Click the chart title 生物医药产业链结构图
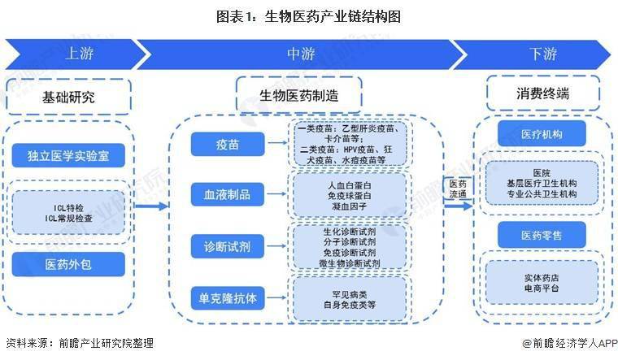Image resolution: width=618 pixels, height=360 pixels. tap(308, 15)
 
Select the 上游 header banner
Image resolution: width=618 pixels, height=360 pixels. tap(73, 54)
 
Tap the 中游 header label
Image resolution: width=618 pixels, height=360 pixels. tap(300, 54)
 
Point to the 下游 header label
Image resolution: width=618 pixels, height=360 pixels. tap(543, 54)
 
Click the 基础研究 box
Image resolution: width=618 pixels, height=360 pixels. tap(68, 97)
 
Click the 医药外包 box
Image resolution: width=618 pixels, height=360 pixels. tap(68, 264)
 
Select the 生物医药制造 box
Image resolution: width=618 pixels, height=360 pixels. tap(298, 95)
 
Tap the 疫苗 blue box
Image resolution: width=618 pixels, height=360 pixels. tap(227, 144)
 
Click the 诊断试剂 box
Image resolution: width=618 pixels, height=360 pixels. tap(227, 245)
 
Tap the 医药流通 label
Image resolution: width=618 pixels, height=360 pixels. tap(458, 189)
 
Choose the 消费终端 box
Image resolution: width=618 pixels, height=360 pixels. tap(542, 93)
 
